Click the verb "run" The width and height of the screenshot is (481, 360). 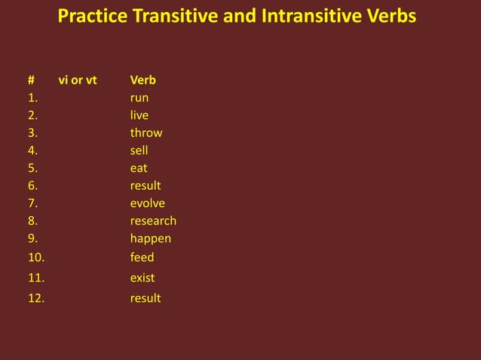tap(139, 99)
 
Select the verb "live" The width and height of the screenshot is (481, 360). tap(139, 115)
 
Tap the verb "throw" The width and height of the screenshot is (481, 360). tap(146, 133)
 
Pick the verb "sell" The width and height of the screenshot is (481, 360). tap(139, 151)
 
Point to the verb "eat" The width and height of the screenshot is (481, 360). tap(139, 169)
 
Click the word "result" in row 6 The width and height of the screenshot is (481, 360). tap(146, 185)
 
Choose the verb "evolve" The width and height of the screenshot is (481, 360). tap(148, 203)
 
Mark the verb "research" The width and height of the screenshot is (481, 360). tap(153, 221)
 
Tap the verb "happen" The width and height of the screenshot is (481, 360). tap(151, 239)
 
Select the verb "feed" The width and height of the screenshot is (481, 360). tap(142, 258)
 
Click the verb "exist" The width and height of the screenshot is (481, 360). tap(142, 278)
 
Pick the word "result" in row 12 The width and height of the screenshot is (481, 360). tap(146, 298)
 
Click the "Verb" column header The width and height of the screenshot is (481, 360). tap(143, 80)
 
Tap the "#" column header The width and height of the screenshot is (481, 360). tap(32, 80)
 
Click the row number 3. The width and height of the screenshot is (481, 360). tap(33, 133)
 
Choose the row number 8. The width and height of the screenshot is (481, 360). tap(33, 221)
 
